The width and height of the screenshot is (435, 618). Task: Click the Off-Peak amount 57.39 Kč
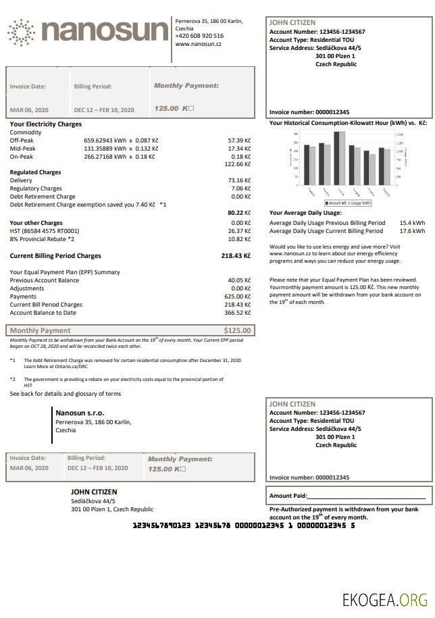coord(239,140)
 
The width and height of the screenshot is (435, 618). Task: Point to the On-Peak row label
coord(22,156)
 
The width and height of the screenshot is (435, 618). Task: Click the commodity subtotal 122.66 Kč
coord(237,164)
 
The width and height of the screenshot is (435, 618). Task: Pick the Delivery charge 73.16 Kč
coord(239,180)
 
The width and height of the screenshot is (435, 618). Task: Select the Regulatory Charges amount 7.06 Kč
coord(240,188)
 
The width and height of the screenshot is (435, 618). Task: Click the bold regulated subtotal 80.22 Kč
coord(239,212)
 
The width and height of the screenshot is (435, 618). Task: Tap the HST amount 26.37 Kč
coord(239,230)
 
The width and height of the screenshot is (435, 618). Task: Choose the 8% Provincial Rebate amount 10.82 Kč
coord(239,238)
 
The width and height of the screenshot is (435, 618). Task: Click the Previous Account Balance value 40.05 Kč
coord(239,280)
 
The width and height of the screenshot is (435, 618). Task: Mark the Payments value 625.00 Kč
coord(237,297)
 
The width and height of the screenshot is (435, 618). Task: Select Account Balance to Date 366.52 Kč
coord(237,313)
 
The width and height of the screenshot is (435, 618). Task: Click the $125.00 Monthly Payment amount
coord(237,330)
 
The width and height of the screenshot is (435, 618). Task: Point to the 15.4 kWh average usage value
coord(412,222)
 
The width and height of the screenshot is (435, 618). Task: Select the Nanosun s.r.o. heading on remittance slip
coord(80,412)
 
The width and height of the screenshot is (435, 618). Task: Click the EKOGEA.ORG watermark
coord(384,599)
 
